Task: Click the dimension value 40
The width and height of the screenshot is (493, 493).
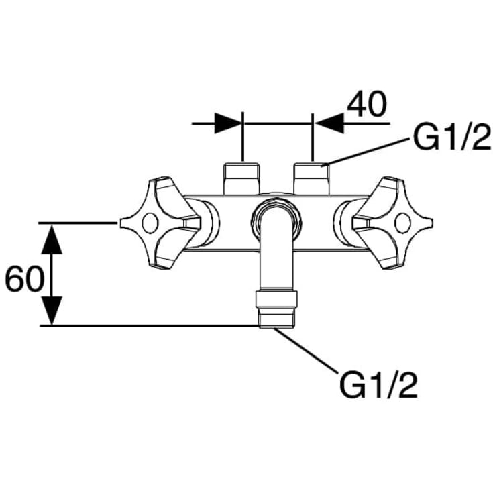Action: point(367,104)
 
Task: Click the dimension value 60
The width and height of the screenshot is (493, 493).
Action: point(25,278)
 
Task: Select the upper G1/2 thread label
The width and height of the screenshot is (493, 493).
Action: point(451,138)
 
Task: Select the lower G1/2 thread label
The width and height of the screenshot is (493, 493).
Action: point(378,385)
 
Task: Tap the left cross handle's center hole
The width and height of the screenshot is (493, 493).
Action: point(150,223)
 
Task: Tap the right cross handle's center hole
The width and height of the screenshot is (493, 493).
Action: point(402,223)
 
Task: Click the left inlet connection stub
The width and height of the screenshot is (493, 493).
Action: point(241,178)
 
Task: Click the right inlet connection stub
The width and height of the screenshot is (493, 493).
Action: point(311,178)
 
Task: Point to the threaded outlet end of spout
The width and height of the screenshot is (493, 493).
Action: point(276,317)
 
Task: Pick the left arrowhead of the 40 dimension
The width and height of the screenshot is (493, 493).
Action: point(228,123)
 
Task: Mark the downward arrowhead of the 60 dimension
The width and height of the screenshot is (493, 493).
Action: point(52,311)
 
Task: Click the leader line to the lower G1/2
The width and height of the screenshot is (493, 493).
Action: point(306,350)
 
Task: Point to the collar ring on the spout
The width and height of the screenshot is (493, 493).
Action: point(276,299)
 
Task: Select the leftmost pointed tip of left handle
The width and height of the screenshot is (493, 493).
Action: point(121,223)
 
